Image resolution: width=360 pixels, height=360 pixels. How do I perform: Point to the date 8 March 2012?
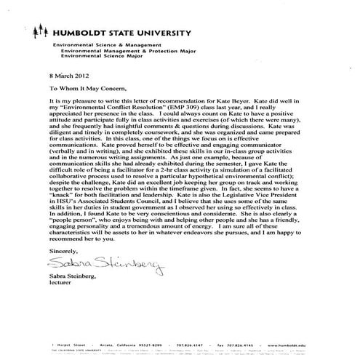68,76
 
